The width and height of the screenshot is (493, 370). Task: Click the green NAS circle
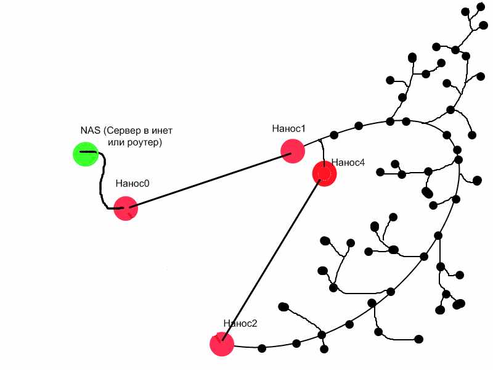coord(85,154)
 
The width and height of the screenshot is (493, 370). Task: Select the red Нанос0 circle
coord(126,208)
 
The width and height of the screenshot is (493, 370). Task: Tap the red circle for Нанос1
coord(292,150)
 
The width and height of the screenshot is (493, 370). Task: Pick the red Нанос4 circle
coord(324,173)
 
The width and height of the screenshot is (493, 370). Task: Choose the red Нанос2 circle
coord(221,344)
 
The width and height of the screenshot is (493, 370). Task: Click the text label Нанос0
coord(132,183)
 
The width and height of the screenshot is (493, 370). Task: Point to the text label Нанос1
coord(289,128)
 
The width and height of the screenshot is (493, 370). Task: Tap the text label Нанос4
coord(348,162)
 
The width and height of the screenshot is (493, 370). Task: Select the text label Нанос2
coord(240,323)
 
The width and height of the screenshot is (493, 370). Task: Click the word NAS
coord(90,131)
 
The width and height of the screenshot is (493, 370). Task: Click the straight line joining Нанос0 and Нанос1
coord(210,179)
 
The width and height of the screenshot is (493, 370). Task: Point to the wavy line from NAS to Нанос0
coord(102,182)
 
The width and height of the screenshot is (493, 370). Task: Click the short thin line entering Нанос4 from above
coord(321,150)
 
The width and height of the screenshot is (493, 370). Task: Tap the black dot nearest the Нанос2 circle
coord(261,348)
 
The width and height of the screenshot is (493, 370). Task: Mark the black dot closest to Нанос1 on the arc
coord(334,134)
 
